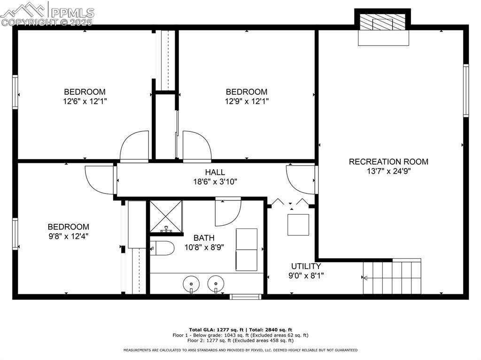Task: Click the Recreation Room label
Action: (x=388, y=161)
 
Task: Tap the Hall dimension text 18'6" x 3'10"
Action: (x=215, y=182)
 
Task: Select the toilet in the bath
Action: (x=162, y=248)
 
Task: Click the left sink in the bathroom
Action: (x=191, y=284)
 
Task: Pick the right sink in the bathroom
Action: (x=216, y=284)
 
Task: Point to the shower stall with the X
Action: (x=166, y=217)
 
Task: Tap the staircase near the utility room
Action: (x=392, y=276)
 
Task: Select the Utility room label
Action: (x=306, y=266)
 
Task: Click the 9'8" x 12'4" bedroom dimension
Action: (x=69, y=236)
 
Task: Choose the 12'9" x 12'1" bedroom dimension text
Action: (x=247, y=101)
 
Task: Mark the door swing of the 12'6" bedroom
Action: (x=134, y=146)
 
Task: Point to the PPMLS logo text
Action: (x=72, y=13)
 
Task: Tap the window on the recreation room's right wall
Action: (x=466, y=91)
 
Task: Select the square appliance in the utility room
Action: (x=298, y=225)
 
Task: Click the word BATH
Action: (x=204, y=237)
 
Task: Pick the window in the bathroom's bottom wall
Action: (x=246, y=297)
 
